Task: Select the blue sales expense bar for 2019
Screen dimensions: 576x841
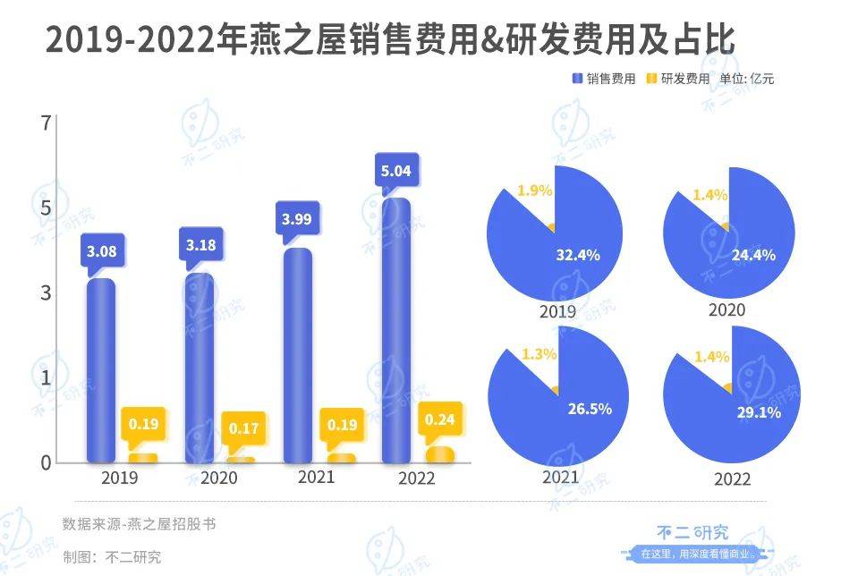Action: (x=101, y=371)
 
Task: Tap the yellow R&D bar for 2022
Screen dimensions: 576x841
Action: (x=439, y=454)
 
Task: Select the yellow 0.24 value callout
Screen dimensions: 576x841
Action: (x=439, y=419)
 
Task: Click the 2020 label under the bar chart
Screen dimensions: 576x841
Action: (x=218, y=479)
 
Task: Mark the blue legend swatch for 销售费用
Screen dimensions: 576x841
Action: (x=577, y=79)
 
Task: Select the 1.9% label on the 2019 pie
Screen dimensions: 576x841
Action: (x=535, y=191)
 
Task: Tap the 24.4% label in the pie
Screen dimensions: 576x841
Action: (x=752, y=255)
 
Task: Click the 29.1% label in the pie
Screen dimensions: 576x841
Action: (x=759, y=413)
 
